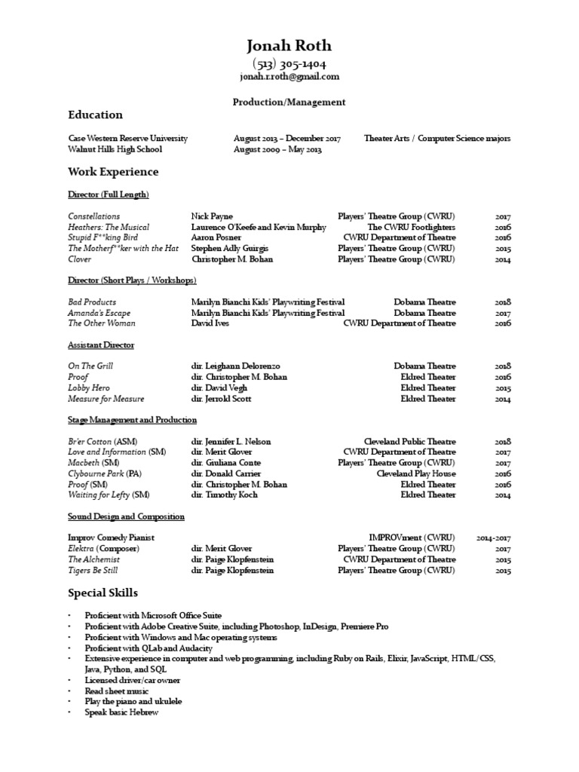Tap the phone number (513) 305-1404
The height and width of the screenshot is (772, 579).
point(289,65)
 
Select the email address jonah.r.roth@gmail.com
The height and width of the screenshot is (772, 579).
point(289,77)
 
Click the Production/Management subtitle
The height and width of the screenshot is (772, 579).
point(289,102)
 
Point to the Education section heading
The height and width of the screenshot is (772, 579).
point(95,115)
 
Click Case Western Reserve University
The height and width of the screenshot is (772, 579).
point(127,139)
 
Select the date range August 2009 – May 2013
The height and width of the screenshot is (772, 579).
point(277,149)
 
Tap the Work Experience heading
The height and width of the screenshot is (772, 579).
point(113,172)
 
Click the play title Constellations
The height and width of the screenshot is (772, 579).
point(93,216)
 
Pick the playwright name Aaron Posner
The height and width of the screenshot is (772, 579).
point(216,237)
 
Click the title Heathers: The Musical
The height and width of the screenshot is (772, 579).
point(109,227)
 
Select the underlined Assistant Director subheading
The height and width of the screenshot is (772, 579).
point(101,345)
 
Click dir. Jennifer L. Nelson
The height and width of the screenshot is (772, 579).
point(231,441)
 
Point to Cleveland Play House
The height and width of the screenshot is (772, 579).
point(416,473)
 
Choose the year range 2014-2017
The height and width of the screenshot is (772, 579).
point(494,538)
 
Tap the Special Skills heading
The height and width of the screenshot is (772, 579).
point(103,593)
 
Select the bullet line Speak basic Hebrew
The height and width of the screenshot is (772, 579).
point(121,712)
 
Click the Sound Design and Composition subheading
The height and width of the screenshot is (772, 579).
point(126,516)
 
